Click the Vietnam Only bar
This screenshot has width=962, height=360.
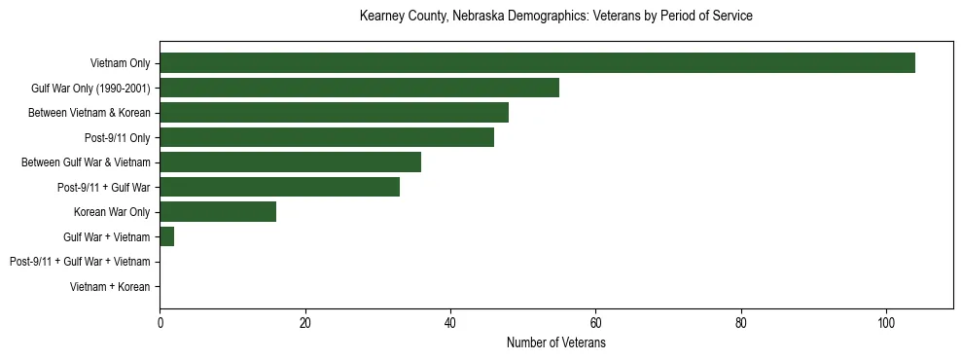(537, 63)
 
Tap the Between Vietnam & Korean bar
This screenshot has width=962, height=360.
(334, 113)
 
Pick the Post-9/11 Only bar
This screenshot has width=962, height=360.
(327, 137)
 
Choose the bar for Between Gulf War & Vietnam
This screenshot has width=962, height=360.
(290, 162)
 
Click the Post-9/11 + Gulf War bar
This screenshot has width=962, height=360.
(279, 187)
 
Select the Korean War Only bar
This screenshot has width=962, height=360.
(218, 212)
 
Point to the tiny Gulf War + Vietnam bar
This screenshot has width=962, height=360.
(166, 236)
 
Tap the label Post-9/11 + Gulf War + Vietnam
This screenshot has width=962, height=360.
(80, 262)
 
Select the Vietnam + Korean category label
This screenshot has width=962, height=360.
(110, 287)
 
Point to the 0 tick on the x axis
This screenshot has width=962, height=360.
(160, 324)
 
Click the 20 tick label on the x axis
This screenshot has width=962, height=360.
(304, 324)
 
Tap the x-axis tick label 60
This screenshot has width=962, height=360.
(595, 324)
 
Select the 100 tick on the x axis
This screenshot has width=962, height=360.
(886, 324)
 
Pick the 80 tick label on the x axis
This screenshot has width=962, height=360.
(741, 324)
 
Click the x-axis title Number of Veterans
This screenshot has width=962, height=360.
(555, 343)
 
